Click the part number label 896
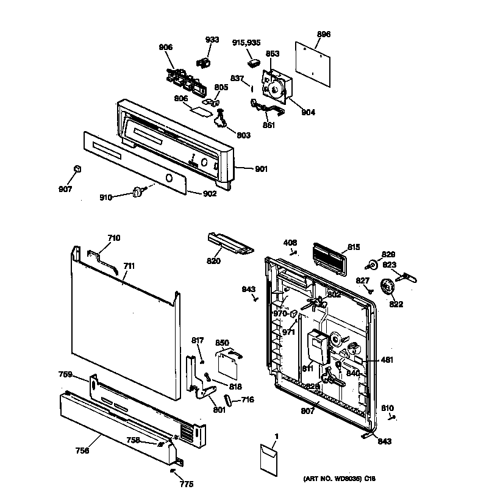pos(324,35)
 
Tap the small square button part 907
pos(76,169)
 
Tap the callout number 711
pos(129,266)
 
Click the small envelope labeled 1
pos(268,458)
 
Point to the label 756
pos(82,451)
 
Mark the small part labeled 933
pos(204,62)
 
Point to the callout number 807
pos(308,411)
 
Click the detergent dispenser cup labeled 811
pos(316,348)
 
